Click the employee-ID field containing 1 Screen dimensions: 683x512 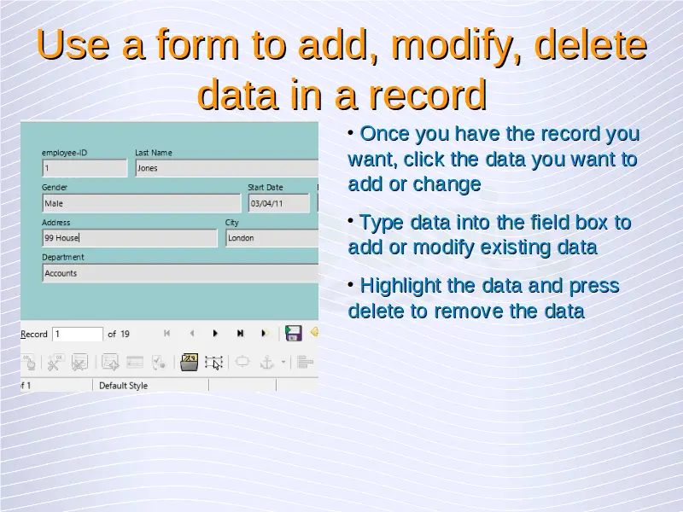point(85,168)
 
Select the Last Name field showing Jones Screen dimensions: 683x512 point(226,168)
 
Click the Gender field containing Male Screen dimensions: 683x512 point(141,203)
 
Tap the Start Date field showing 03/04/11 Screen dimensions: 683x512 point(279,203)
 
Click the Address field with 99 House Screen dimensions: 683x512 point(130,238)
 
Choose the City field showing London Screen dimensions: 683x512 point(271,238)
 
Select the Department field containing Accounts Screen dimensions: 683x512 point(180,273)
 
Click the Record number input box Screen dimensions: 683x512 point(78,334)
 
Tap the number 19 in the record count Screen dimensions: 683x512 point(125,334)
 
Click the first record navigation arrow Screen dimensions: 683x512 point(166,334)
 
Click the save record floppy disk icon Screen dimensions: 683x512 point(293,333)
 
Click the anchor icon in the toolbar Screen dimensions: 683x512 point(266,362)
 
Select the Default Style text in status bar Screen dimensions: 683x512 point(123,386)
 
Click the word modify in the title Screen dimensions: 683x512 point(456,46)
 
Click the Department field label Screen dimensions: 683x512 point(62,257)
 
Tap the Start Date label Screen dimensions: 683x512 point(266,187)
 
